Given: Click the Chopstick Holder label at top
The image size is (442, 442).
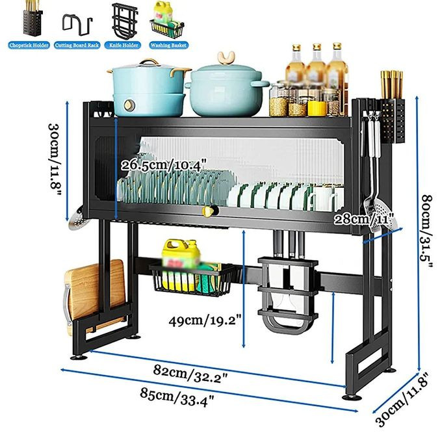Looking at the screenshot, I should click(x=29, y=45).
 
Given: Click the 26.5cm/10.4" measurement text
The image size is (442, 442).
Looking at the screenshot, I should click(x=163, y=164).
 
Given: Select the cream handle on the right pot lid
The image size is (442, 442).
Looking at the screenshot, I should click(x=226, y=60).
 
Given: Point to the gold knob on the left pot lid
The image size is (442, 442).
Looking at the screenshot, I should click(x=151, y=64).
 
